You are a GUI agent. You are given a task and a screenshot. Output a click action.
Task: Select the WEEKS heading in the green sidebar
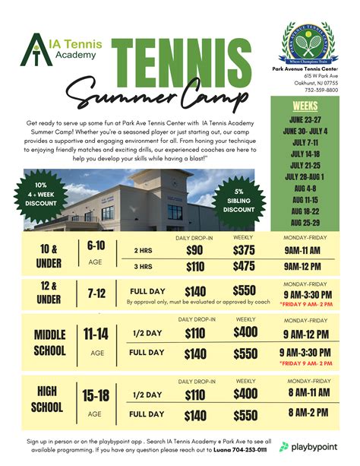click(305, 106)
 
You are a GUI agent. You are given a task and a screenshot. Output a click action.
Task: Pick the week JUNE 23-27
click(305, 119)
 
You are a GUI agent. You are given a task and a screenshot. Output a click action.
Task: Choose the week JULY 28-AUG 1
click(305, 176)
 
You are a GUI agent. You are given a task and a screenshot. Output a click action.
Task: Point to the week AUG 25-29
click(305, 222)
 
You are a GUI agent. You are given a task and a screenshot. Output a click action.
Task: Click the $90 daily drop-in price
click(194, 250)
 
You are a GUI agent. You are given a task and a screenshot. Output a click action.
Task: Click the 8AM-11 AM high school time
click(309, 392)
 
